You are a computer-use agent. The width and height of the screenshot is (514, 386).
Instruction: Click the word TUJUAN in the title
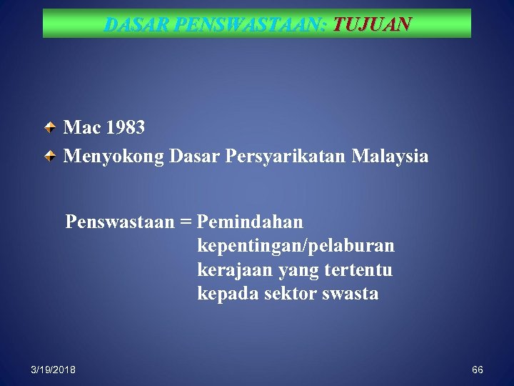(x=372, y=24)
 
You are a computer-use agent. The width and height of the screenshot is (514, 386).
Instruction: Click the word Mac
(x=82, y=127)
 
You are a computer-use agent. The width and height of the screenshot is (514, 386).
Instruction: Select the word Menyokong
(x=114, y=155)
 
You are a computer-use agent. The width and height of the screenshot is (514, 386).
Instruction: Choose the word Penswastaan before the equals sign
(x=120, y=222)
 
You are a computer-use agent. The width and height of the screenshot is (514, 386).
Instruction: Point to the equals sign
(x=186, y=222)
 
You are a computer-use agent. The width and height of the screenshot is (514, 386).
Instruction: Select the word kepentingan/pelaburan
(x=296, y=246)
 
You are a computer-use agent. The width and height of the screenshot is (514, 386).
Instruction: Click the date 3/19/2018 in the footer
(x=54, y=369)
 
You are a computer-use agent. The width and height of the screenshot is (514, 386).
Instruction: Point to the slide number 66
(x=478, y=369)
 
